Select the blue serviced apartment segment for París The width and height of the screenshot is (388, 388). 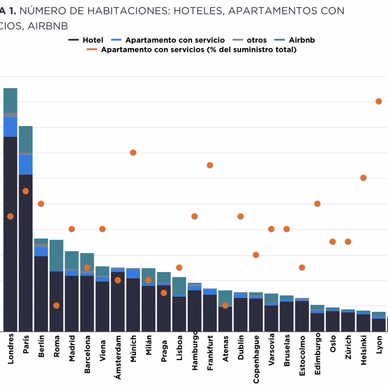point(26,164)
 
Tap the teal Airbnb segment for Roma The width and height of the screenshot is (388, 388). point(56,255)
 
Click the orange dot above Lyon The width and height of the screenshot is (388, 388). point(379,101)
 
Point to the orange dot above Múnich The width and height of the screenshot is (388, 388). point(133,153)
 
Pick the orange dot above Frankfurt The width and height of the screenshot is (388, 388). point(210,165)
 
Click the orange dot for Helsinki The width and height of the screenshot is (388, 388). point(363,178)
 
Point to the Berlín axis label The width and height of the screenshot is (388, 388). point(41,346)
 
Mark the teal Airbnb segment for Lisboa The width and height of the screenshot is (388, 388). point(179,286)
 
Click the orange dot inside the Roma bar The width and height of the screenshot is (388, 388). point(56,306)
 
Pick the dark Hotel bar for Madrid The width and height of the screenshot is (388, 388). point(72,303)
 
